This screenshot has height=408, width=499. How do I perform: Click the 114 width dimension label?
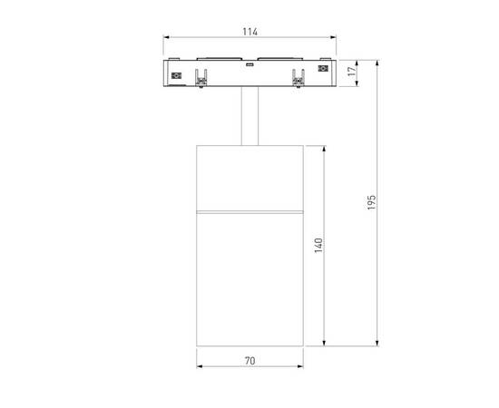click(x=249, y=32)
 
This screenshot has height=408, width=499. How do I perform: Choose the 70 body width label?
click(x=249, y=361)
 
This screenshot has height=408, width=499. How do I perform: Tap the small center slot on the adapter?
click(x=249, y=65)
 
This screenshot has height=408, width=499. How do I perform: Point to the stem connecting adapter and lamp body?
click(x=249, y=116)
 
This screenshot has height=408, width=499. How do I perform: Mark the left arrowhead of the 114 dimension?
click(x=166, y=39)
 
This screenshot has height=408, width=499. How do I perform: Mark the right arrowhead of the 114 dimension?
click(x=335, y=39)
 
